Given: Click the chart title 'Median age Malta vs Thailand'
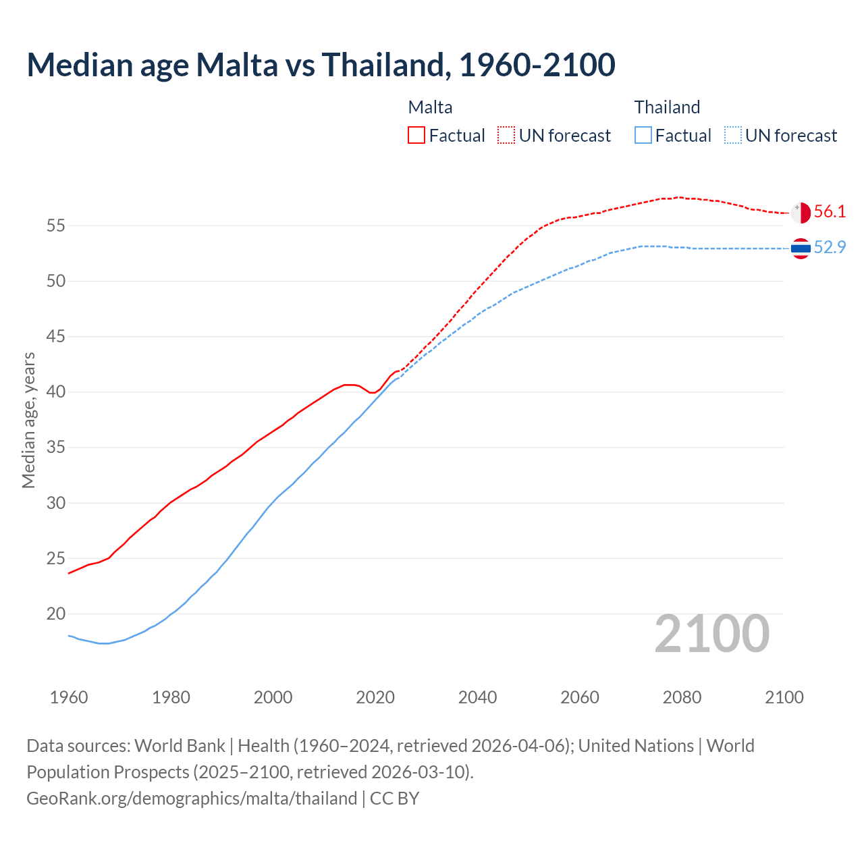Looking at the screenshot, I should pos(321,65).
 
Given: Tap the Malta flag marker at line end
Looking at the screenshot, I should pos(801,213).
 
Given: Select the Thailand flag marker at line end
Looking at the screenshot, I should pos(801,248).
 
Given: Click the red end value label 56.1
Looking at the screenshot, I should pos(830,212).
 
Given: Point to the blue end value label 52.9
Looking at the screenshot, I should pos(830,248).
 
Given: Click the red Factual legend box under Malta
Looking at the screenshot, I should pos(416,136).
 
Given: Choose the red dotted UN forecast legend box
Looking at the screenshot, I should pos(506,136).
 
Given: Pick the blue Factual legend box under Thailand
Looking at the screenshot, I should pos(643,136).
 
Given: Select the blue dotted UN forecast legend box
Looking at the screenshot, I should pos(732,136).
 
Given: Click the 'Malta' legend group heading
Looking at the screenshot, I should pos(430,107).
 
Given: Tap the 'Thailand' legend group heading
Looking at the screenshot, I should pos(667,107).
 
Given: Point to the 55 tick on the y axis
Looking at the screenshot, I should pos(55,225).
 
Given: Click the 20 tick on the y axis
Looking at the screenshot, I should pos(55,614).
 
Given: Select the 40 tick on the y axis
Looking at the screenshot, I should pos(55,392).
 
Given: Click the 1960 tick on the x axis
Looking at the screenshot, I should pos(69,697).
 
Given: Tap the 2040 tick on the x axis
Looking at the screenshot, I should pos(477,697).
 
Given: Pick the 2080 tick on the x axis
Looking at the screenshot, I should pos(682,697).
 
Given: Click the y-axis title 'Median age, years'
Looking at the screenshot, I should pos(28,420).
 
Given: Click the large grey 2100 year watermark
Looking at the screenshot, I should pos(712,634).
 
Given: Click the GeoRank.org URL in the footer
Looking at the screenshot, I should pos(192,799).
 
